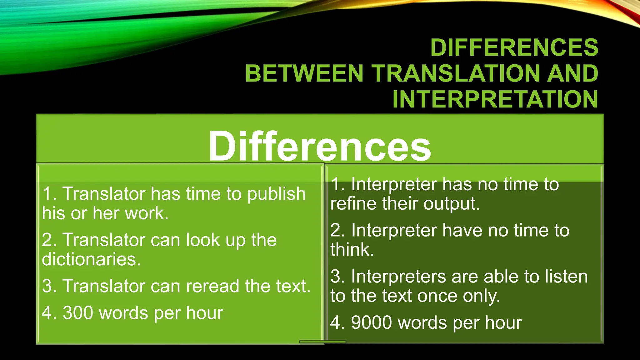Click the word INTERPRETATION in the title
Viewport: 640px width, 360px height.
(495, 99)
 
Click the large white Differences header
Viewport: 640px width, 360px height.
(320, 146)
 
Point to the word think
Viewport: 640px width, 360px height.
(352, 250)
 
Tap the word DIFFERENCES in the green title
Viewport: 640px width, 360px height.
(514, 47)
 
